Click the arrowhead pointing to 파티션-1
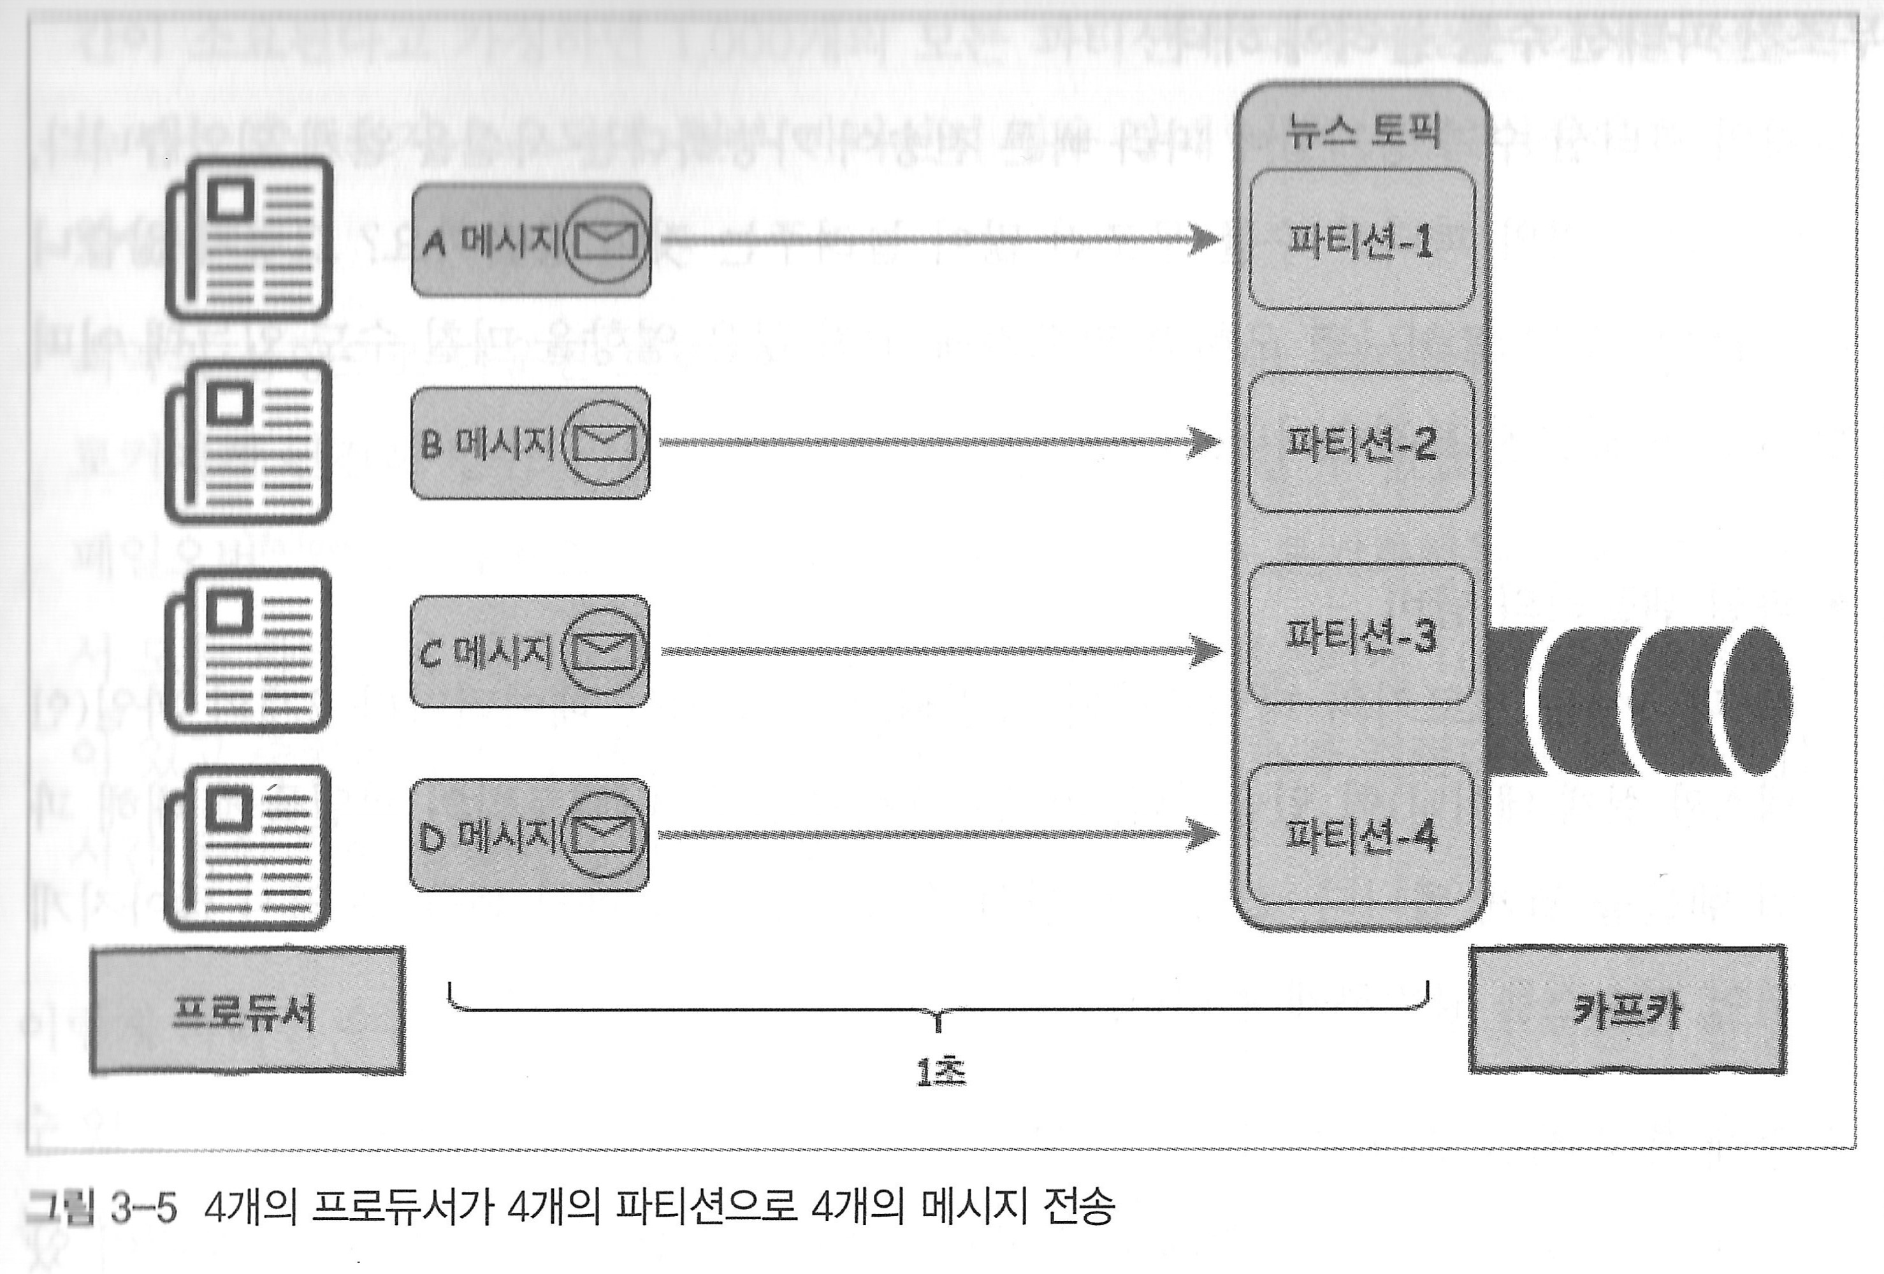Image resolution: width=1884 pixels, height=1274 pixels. tap(1205, 239)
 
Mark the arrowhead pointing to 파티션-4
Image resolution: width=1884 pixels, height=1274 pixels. tap(1204, 834)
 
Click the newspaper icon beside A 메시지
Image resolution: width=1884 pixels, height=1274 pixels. tap(250, 239)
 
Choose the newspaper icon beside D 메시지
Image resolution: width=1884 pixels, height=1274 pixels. tap(248, 848)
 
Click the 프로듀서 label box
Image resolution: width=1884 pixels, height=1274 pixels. tap(247, 1012)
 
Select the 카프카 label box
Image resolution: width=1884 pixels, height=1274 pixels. tap(1627, 1010)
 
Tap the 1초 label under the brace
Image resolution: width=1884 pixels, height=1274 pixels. tap(940, 1072)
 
